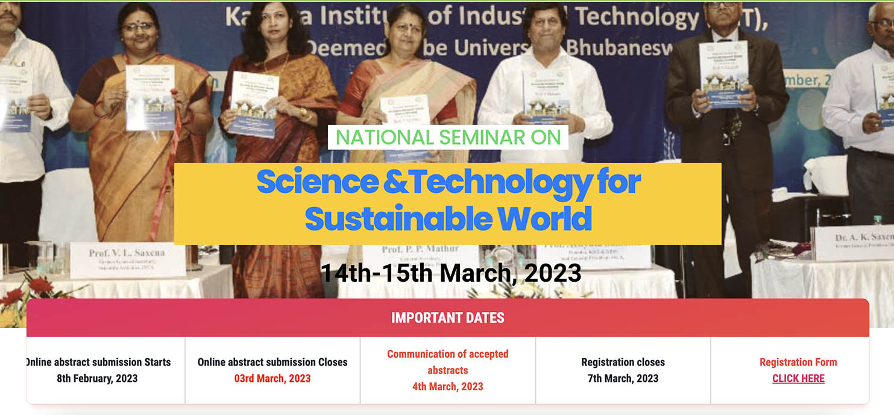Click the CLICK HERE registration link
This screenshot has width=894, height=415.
click(x=798, y=379)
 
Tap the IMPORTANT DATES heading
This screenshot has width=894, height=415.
click(x=447, y=318)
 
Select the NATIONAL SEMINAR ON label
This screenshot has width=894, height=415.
click(x=448, y=138)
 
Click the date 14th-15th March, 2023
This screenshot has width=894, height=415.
click(x=450, y=273)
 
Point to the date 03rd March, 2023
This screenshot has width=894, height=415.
click(x=272, y=379)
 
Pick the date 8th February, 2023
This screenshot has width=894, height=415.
click(x=97, y=379)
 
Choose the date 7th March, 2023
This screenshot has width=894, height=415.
click(x=623, y=379)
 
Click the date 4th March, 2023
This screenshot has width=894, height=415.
click(x=447, y=387)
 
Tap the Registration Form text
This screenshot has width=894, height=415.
click(x=798, y=363)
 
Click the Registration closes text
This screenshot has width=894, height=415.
click(x=623, y=363)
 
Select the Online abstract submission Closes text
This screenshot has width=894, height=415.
click(x=272, y=363)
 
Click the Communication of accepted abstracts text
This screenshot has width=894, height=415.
click(x=447, y=362)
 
